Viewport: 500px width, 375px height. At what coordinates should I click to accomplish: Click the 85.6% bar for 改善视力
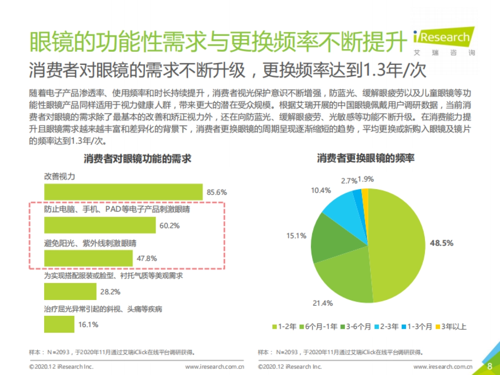(123, 192)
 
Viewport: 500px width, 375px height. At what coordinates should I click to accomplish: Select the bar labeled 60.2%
(100, 225)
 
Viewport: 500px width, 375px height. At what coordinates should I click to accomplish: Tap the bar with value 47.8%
(88, 258)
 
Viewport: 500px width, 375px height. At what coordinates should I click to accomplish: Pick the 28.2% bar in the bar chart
(70, 291)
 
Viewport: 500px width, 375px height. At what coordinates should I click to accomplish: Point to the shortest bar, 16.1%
(59, 324)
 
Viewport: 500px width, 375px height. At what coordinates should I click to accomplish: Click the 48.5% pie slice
(396, 246)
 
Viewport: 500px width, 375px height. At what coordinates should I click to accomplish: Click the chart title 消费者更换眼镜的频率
(365, 159)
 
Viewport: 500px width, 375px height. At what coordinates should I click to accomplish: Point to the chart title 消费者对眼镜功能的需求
(137, 159)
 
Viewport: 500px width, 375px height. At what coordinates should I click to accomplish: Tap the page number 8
(490, 366)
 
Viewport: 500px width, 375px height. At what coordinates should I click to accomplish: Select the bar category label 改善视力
(60, 177)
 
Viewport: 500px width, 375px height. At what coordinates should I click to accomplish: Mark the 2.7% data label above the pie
(349, 181)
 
